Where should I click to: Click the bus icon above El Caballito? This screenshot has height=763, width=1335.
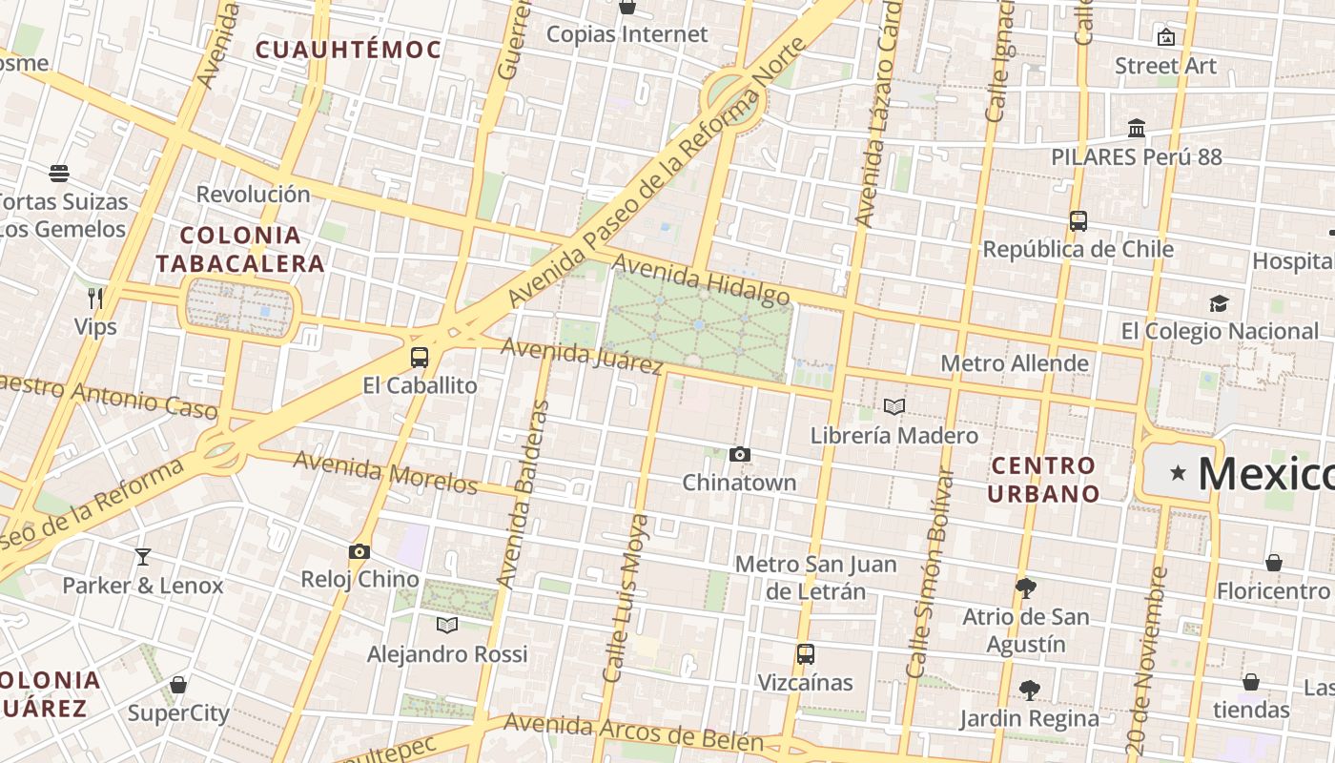click(x=420, y=358)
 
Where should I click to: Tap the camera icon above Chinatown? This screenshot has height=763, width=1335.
click(x=740, y=455)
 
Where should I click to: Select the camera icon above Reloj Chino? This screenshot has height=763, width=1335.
click(x=359, y=551)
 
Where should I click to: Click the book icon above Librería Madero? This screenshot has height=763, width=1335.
click(x=893, y=407)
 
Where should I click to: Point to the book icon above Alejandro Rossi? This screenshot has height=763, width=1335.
click(x=446, y=625)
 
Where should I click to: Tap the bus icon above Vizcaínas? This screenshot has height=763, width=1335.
click(x=806, y=654)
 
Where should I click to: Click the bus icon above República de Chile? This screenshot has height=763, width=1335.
click(x=1078, y=221)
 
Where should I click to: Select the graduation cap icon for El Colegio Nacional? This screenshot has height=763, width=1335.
click(x=1219, y=303)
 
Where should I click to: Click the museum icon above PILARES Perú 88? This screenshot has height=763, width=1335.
click(x=1136, y=128)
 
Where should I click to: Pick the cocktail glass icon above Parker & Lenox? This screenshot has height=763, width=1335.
click(x=143, y=557)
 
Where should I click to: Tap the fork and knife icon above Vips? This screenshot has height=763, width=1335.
click(x=95, y=299)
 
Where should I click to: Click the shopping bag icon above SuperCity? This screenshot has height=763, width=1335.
click(x=178, y=685)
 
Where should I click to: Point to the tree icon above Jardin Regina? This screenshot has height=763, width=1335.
click(x=1029, y=690)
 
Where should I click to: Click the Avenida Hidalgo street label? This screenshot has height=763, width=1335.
click(x=701, y=279)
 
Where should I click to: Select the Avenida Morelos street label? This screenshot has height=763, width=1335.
click(x=385, y=472)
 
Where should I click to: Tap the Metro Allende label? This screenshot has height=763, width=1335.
click(x=1015, y=363)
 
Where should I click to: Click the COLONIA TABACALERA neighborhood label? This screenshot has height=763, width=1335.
click(x=240, y=249)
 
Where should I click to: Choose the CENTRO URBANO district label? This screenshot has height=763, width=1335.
click(x=1043, y=480)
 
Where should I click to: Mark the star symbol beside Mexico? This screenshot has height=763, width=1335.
click(x=1179, y=472)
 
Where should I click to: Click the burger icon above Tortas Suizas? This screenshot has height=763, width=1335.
click(x=59, y=174)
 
